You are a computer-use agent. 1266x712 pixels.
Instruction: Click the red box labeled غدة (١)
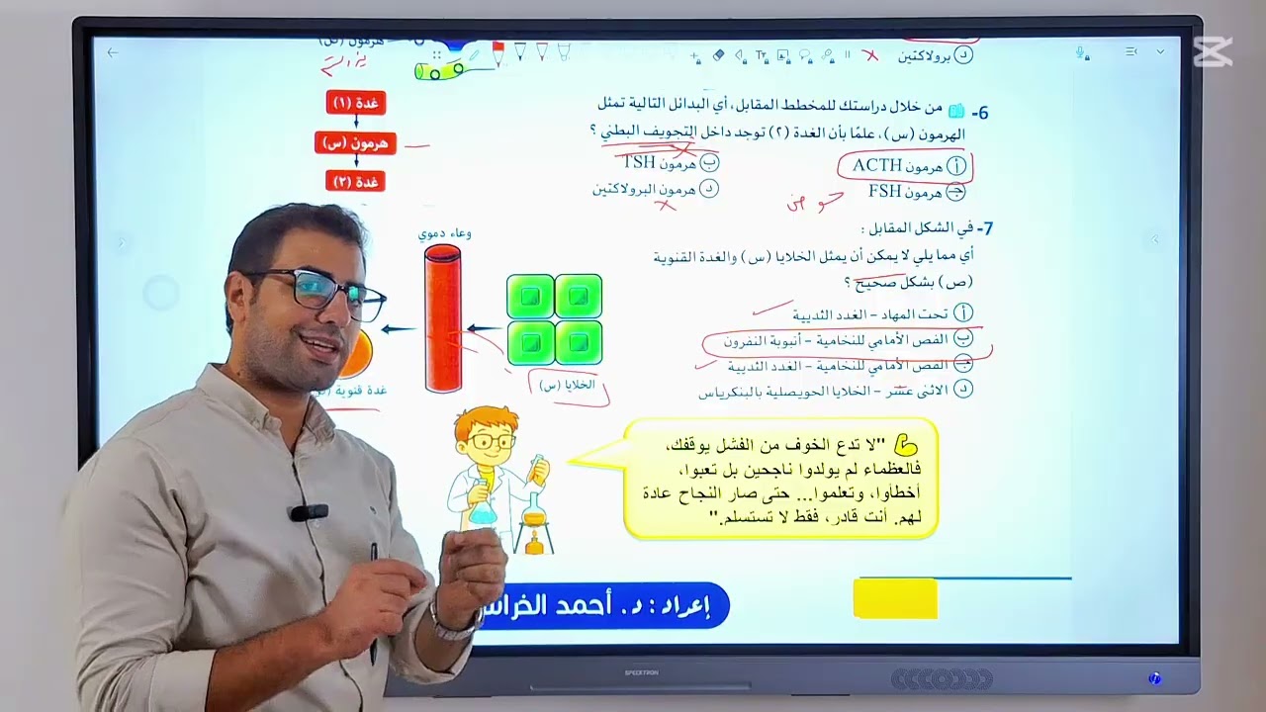point(355,103)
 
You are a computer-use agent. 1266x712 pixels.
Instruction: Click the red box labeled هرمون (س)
point(355,143)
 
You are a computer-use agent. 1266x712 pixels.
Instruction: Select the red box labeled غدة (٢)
point(355,182)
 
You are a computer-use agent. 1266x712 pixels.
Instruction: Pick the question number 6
point(980,113)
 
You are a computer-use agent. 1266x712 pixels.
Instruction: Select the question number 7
point(984,228)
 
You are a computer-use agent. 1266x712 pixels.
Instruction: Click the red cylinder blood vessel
point(442,318)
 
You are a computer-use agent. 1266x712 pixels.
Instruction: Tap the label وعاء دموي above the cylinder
point(444,234)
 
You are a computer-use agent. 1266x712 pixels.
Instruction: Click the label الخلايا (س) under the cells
point(567,385)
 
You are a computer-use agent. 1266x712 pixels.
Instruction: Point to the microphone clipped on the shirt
point(309,512)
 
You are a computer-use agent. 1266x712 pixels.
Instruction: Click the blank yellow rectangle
point(895,599)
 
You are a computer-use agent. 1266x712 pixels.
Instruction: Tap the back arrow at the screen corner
point(113,52)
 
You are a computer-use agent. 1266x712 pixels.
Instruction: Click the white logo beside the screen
point(1213,51)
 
